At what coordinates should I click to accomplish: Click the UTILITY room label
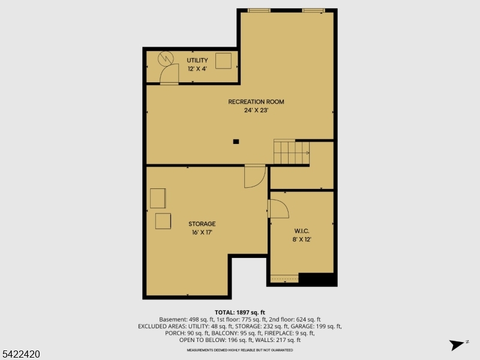coord(197,61)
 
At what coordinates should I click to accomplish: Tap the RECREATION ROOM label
coord(256,102)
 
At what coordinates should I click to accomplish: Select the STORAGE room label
coord(202,224)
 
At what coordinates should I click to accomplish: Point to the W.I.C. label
coord(302,231)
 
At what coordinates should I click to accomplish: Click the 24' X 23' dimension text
coord(256,110)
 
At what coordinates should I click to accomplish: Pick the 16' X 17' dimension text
coord(202,232)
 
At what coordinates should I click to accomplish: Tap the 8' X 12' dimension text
coord(302,239)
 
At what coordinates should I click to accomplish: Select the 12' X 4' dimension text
coord(197,69)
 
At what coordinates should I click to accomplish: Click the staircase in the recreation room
coord(291,152)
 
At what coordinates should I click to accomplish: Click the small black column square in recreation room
coord(236,142)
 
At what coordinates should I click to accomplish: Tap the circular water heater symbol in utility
coord(164,58)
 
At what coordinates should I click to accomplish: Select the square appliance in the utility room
coord(223,61)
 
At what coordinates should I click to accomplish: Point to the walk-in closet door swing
coord(278,208)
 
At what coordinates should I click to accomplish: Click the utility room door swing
coord(170,74)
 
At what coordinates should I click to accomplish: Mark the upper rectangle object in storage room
coord(158,198)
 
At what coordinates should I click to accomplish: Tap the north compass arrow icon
coord(457,344)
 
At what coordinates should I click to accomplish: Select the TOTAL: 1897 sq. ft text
coord(239,313)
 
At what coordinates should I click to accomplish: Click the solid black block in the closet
coord(316,279)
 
